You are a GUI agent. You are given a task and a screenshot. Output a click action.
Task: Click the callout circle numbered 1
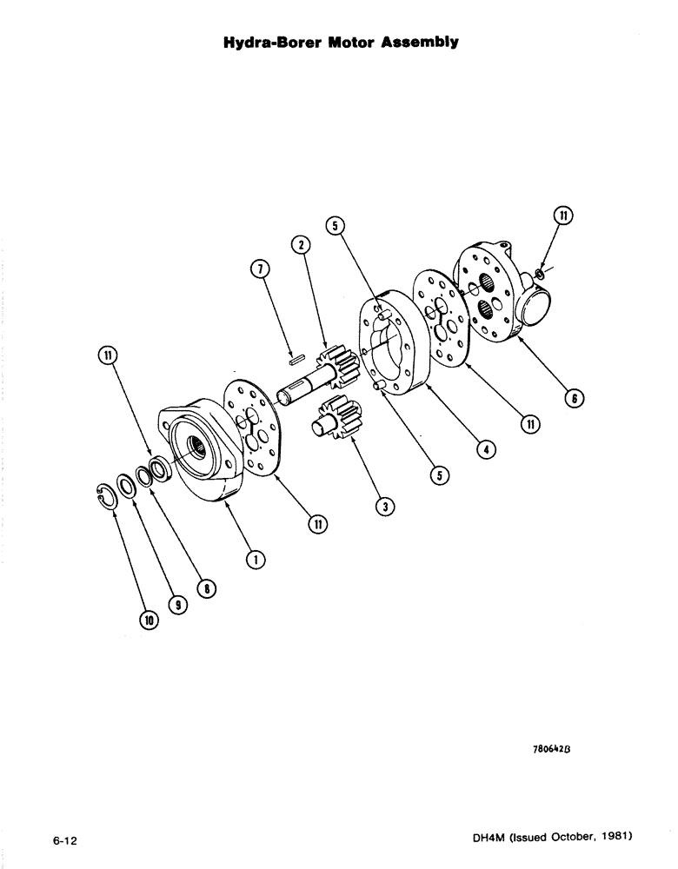pyautogui.click(x=255, y=559)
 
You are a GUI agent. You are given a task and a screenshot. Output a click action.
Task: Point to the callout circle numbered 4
pyautogui.click(x=489, y=450)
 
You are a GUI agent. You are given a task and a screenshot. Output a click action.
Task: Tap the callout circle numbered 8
pyautogui.click(x=209, y=589)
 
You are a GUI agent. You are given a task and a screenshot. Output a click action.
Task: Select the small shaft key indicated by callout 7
pyautogui.click(x=296, y=354)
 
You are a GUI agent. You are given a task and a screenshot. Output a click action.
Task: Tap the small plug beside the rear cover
pyautogui.click(x=540, y=274)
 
